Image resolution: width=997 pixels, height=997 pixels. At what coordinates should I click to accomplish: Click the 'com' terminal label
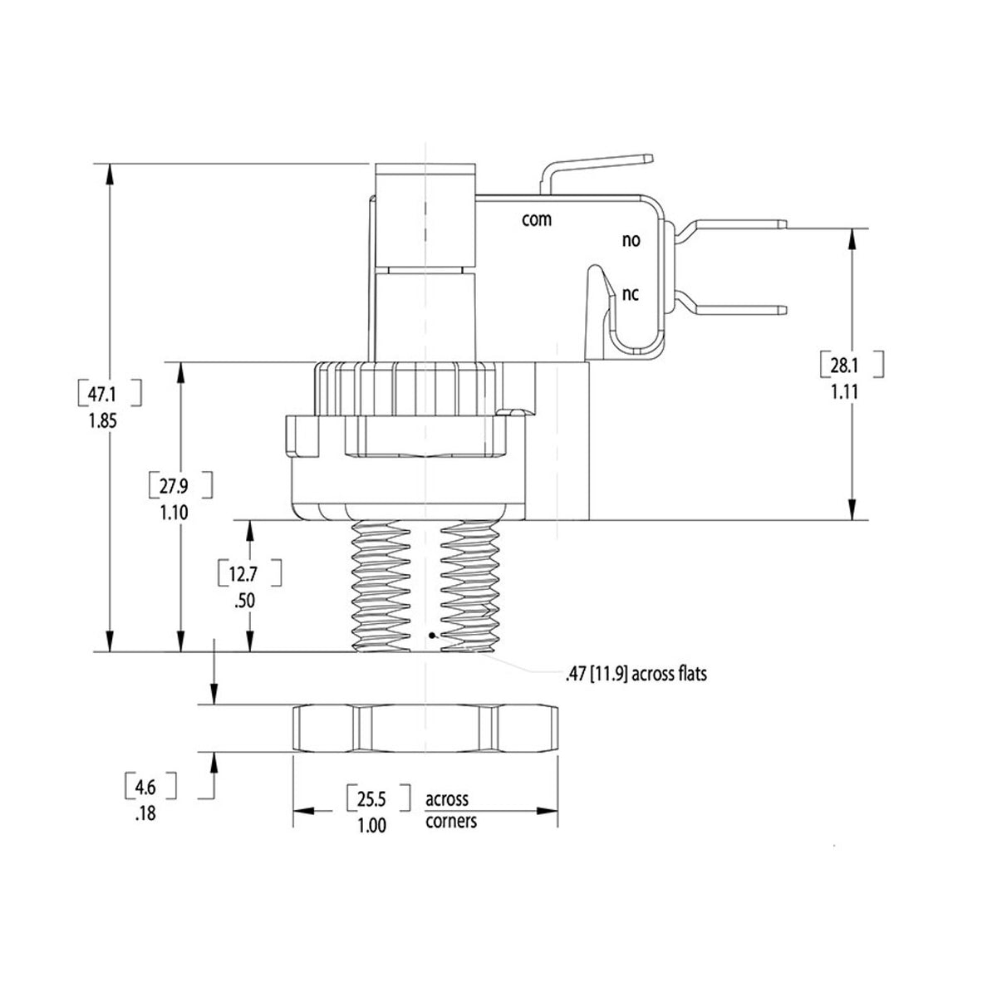537,219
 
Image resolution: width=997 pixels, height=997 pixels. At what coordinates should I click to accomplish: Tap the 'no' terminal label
631,241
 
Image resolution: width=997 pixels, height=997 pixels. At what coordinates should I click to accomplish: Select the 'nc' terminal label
631,295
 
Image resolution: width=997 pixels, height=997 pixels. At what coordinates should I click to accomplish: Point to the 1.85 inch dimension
108,420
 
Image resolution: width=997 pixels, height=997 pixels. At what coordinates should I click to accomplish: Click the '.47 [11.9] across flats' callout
636,675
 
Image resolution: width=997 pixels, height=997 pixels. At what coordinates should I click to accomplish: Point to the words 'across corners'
450,810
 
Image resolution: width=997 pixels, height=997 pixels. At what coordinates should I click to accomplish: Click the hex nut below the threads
425,729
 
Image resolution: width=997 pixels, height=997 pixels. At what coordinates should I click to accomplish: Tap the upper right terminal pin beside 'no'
739,223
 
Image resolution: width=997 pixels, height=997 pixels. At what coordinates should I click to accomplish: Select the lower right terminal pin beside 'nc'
739,310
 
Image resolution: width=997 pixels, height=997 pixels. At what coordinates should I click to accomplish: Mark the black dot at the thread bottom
431,636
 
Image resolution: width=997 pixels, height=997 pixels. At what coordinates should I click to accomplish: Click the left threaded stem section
381,587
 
